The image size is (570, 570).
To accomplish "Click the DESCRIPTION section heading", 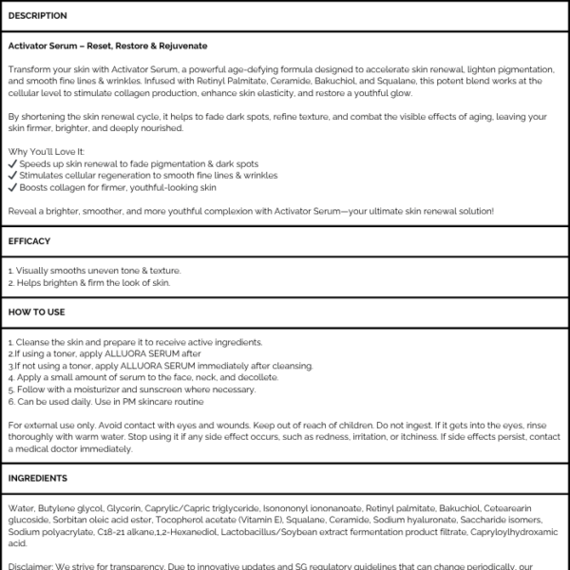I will (x=37, y=16).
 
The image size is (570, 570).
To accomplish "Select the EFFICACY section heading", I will (x=29, y=241).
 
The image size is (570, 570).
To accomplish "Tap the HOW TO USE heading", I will (x=36, y=311).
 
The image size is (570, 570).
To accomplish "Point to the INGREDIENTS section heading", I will (x=38, y=478).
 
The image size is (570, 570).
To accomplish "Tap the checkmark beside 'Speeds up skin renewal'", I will (x=11, y=164).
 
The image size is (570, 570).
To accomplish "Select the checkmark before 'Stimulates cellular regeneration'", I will (x=11, y=176).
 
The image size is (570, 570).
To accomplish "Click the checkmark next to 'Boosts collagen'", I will (x=11, y=187).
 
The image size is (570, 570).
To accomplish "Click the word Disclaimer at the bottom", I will (x=28, y=566).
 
